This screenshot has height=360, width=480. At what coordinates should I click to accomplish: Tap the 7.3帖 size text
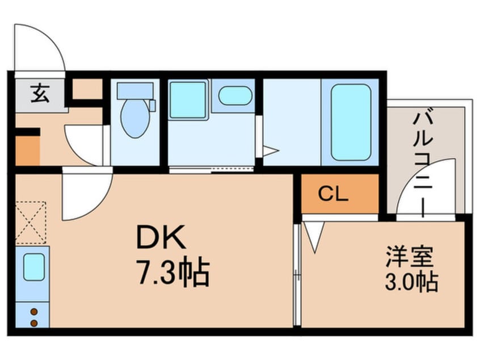pyautogui.click(x=172, y=273)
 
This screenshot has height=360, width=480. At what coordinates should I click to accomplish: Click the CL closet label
pyautogui.click(x=332, y=194)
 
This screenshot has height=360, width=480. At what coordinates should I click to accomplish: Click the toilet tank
pyautogui.click(x=135, y=90)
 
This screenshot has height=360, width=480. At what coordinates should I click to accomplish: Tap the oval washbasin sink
pyautogui.click(x=235, y=95)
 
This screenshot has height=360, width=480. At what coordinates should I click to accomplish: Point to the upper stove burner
pyautogui.click(x=33, y=312)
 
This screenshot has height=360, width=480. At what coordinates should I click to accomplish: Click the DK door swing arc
pyautogui.click(x=85, y=196)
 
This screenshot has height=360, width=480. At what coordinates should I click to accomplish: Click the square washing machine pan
pyautogui.click(x=188, y=100)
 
